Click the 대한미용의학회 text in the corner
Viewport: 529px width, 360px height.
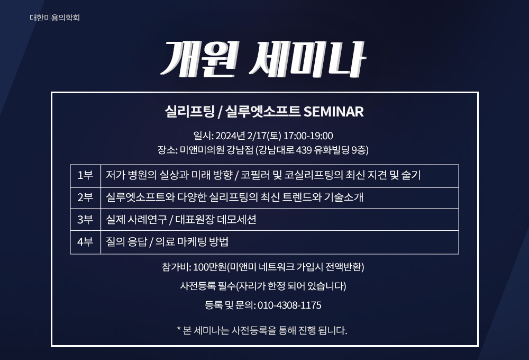click(x=54, y=17)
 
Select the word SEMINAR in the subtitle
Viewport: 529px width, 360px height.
click(x=334, y=112)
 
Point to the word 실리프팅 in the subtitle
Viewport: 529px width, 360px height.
click(x=189, y=112)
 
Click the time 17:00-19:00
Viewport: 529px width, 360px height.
click(x=308, y=136)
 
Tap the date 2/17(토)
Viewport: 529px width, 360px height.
click(x=264, y=136)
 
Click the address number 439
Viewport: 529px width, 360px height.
click(x=304, y=150)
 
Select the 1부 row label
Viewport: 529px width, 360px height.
click(x=85, y=175)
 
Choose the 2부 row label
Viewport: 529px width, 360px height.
click(x=85, y=197)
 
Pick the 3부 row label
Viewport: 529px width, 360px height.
click(x=85, y=220)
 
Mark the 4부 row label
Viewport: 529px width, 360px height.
click(x=85, y=242)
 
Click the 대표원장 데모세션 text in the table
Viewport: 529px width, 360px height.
click(x=216, y=220)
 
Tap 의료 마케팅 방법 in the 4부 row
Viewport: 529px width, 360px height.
click(x=191, y=242)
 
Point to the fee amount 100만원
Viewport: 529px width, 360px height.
click(x=210, y=267)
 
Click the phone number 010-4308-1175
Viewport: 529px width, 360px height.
click(x=289, y=305)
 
